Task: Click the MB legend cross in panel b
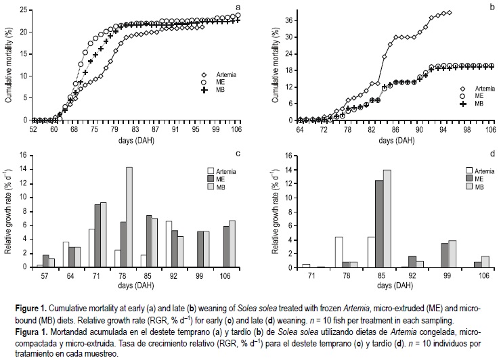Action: point(464,104)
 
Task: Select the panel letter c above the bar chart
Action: point(238,154)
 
